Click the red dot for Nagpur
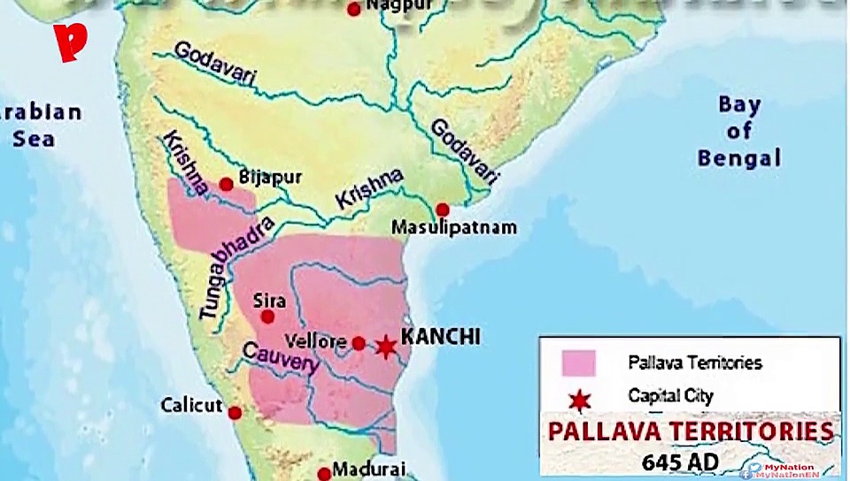[x=354, y=10]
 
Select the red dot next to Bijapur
[x=227, y=184]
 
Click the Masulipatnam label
[x=455, y=228]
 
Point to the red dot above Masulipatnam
[x=443, y=210]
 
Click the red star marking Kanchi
[x=385, y=346]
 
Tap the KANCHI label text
[x=440, y=336]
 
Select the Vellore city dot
[x=359, y=343]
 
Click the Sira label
[x=269, y=300]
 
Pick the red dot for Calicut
[x=235, y=413]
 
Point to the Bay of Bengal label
[x=739, y=132]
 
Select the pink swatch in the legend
[x=578, y=363]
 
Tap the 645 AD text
[x=681, y=462]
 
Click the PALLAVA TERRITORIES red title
[x=691, y=431]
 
